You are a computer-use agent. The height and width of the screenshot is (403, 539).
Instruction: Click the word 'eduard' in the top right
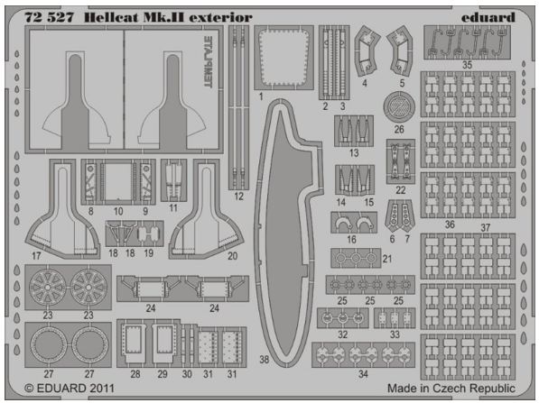(x=488, y=17)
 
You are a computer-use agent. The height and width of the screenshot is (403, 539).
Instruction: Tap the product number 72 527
(x=49, y=17)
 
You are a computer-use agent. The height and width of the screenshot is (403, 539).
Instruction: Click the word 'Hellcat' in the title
(x=111, y=17)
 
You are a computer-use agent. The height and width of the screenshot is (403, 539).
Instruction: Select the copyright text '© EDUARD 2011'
(x=70, y=389)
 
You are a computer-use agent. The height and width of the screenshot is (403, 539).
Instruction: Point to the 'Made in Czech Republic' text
(x=451, y=389)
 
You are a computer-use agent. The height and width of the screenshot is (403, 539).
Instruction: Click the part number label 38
(x=264, y=360)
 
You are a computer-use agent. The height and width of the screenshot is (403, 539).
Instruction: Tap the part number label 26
(x=399, y=130)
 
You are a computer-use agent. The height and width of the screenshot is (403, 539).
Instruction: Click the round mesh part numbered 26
(x=399, y=106)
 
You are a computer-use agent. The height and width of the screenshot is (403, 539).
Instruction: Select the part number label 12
(x=238, y=197)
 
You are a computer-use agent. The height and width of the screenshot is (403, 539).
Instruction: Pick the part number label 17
(x=36, y=256)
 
